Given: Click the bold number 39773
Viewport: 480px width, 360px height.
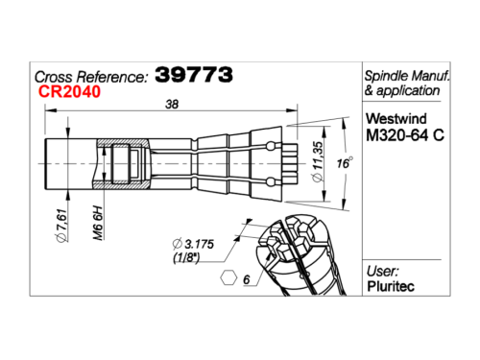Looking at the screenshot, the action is [194, 75].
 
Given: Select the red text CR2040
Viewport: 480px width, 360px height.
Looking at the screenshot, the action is [69, 91].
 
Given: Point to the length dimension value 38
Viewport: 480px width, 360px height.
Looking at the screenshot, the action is [172, 105].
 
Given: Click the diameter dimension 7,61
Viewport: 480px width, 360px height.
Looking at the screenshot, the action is [62, 226].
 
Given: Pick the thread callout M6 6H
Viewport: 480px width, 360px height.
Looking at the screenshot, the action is [98, 224].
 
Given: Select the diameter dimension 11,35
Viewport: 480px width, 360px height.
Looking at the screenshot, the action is [318, 162].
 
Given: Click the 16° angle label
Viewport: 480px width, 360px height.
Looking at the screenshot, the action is [345, 163].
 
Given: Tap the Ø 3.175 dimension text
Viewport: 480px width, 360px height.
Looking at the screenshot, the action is [193, 244].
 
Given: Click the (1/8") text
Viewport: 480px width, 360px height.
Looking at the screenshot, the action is [186, 257].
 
